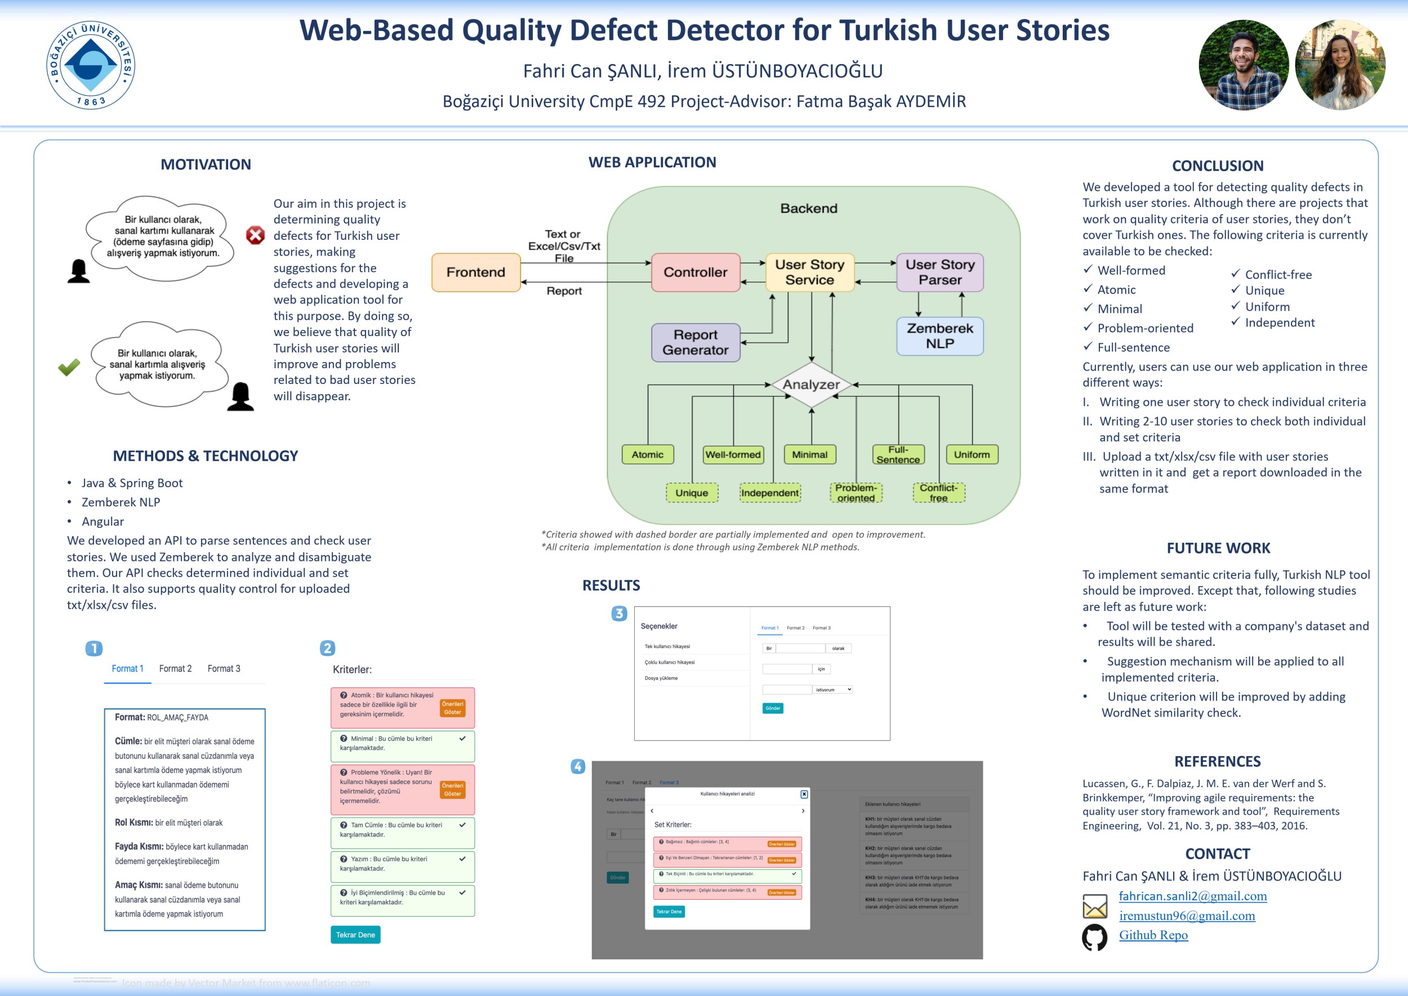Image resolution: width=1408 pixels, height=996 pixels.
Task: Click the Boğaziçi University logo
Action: point(91,64)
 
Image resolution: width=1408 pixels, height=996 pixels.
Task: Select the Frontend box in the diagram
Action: point(476,273)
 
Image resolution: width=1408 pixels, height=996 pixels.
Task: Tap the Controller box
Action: point(695,273)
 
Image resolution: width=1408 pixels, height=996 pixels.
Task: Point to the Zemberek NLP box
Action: point(939,336)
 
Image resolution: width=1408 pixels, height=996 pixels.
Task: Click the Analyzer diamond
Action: point(811,385)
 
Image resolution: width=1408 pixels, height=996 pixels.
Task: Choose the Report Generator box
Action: point(695,342)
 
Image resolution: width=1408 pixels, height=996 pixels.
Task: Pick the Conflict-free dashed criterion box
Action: point(938,493)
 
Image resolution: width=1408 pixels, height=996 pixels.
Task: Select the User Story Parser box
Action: point(939,273)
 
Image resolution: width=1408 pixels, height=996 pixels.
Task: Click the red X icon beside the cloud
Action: point(255,235)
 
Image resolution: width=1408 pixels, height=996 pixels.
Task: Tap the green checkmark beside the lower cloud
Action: point(69,367)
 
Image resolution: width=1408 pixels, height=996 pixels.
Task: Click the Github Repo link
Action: point(1153,935)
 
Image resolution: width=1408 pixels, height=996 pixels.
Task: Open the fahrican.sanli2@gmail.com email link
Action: point(1192,896)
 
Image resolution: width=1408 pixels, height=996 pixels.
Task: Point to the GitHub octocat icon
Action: point(1094,936)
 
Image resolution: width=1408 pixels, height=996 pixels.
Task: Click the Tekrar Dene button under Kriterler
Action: point(355,935)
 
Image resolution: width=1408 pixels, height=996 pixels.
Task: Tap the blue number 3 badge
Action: point(619,613)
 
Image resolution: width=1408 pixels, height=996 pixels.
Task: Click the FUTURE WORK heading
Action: point(1218,548)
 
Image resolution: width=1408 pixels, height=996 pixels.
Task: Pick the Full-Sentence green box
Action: point(898,454)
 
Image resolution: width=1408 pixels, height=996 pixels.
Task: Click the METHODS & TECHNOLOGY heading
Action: point(205,455)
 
